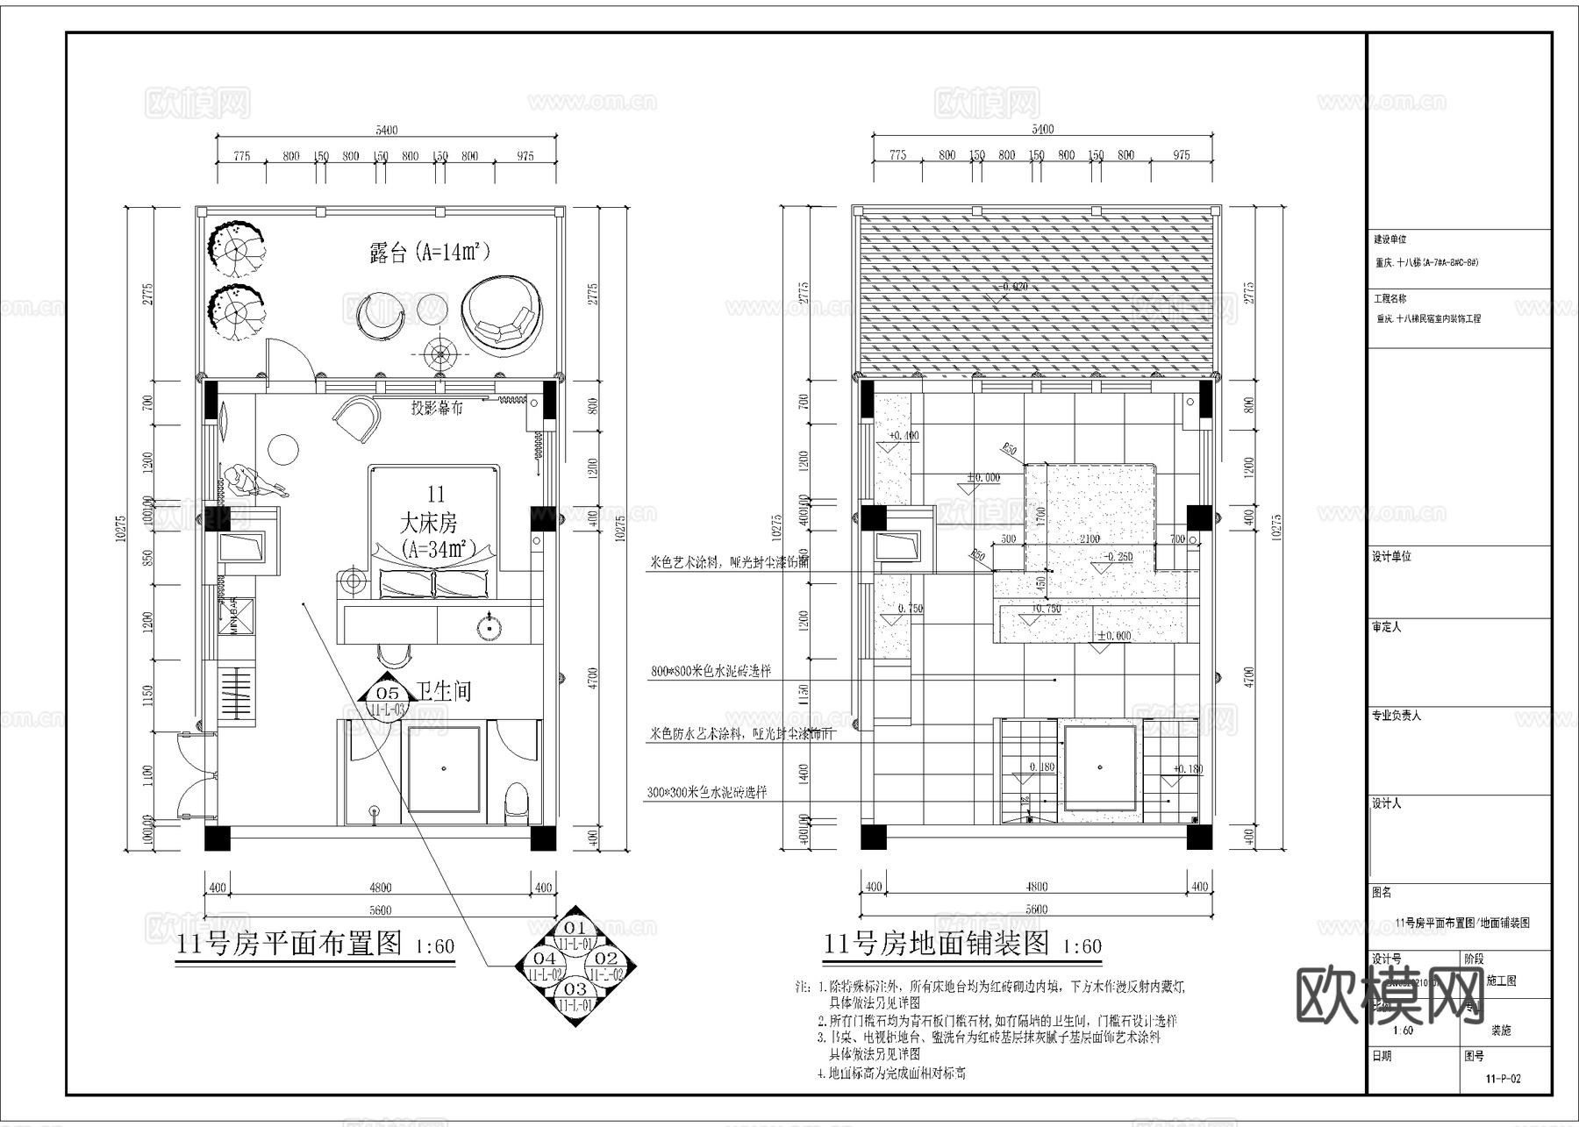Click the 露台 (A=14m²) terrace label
[429, 253]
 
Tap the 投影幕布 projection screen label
[437, 409]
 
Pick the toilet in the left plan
[518, 802]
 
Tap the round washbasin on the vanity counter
[489, 627]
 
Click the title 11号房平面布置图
[289, 944]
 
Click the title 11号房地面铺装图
[936, 944]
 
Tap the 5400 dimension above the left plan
[386, 131]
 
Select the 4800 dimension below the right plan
[1036, 887]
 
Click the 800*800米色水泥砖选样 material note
[711, 671]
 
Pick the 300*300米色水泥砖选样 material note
[707, 792]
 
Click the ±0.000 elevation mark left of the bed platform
[982, 478]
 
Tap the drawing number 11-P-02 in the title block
[1503, 1079]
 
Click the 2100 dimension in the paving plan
[1089, 539]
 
